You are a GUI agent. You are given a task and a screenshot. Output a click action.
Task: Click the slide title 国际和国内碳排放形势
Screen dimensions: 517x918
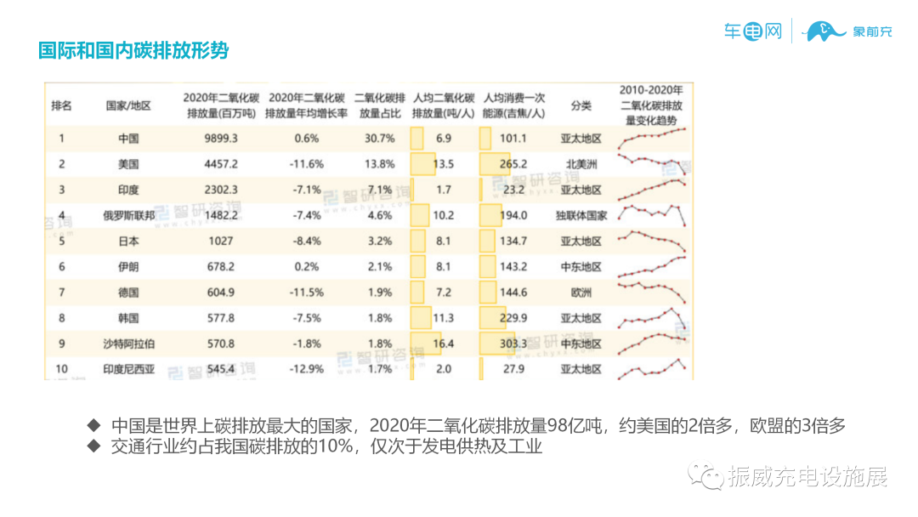click(133, 50)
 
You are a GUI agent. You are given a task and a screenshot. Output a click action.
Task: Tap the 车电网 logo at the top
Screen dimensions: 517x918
click(752, 32)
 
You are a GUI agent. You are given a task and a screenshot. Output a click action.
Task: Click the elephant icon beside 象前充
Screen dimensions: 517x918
click(827, 32)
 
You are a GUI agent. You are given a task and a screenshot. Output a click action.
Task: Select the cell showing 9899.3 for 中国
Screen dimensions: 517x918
click(220, 139)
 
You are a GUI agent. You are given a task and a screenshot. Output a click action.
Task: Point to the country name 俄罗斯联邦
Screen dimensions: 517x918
click(128, 215)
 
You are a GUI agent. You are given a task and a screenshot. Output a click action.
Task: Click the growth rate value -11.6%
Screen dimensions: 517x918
click(306, 164)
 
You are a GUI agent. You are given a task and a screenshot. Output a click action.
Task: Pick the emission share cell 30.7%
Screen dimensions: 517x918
click(379, 139)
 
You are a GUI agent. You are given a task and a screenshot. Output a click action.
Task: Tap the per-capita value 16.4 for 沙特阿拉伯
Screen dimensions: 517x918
click(443, 344)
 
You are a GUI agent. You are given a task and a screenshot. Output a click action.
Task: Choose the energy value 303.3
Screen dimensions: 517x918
click(513, 344)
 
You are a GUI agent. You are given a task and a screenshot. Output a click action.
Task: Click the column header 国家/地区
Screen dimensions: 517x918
click(128, 106)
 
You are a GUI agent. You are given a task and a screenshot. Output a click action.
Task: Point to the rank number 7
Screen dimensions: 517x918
click(61, 293)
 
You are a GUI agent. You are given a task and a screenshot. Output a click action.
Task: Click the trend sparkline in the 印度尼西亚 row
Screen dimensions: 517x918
click(652, 369)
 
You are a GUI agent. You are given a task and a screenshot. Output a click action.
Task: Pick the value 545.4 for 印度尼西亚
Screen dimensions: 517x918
click(220, 369)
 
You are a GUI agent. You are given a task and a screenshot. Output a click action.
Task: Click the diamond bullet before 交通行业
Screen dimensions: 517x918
click(93, 446)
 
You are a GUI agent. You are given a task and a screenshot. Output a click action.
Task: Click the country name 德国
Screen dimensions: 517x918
click(128, 293)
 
